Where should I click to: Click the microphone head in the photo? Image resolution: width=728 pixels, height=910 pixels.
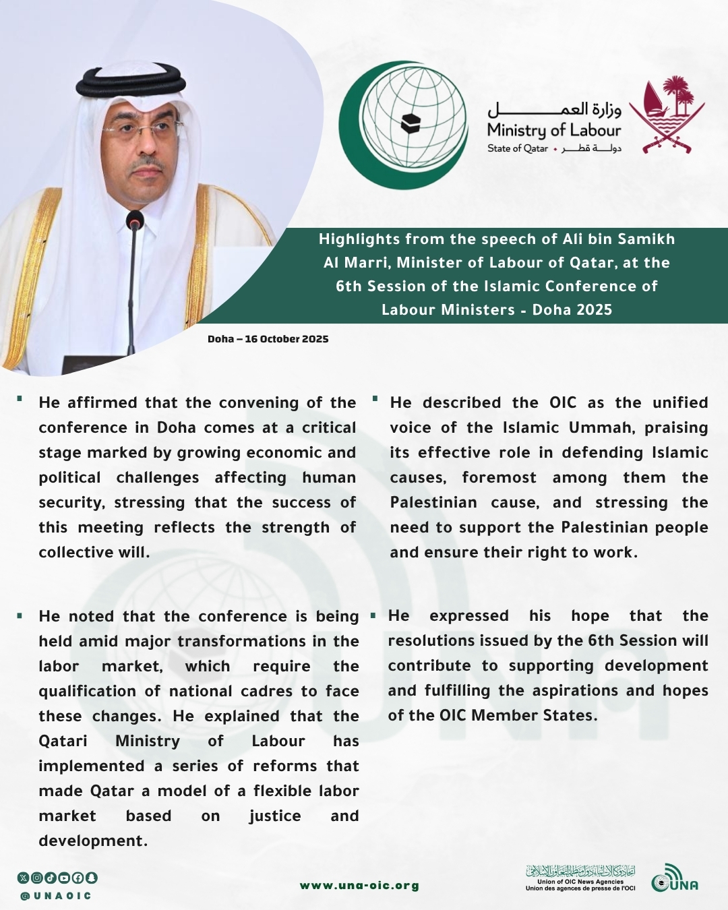135,220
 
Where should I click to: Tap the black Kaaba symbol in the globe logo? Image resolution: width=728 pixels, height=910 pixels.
411,124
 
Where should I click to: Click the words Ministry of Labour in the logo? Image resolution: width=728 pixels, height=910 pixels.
553,130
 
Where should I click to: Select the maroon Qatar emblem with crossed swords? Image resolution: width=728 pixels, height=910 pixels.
667,115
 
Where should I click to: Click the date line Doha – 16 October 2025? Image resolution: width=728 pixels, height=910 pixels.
268,339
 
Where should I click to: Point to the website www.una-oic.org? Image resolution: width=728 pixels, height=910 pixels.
359,886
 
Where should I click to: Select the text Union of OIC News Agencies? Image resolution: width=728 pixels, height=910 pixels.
580,882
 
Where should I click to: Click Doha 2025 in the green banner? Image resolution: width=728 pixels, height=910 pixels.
572,310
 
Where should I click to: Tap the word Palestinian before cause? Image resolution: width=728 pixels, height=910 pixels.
433,503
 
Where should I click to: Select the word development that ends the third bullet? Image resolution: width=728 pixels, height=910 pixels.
92,841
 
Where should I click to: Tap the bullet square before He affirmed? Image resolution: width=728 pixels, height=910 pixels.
20,399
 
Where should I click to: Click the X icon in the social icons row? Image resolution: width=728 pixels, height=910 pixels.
24,878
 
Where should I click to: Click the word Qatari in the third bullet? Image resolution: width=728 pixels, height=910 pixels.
63,741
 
